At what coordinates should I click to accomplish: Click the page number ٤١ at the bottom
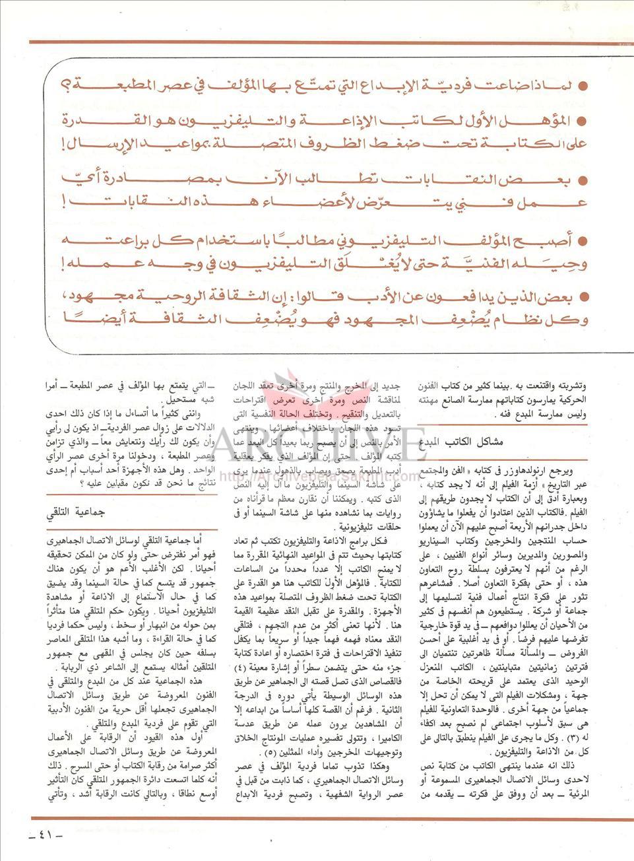(x=42, y=834)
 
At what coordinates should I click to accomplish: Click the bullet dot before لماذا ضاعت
(x=583, y=86)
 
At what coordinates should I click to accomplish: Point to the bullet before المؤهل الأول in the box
(x=583, y=121)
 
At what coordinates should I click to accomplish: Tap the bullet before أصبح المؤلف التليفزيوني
(x=583, y=239)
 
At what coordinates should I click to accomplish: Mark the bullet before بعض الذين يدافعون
(x=583, y=297)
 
